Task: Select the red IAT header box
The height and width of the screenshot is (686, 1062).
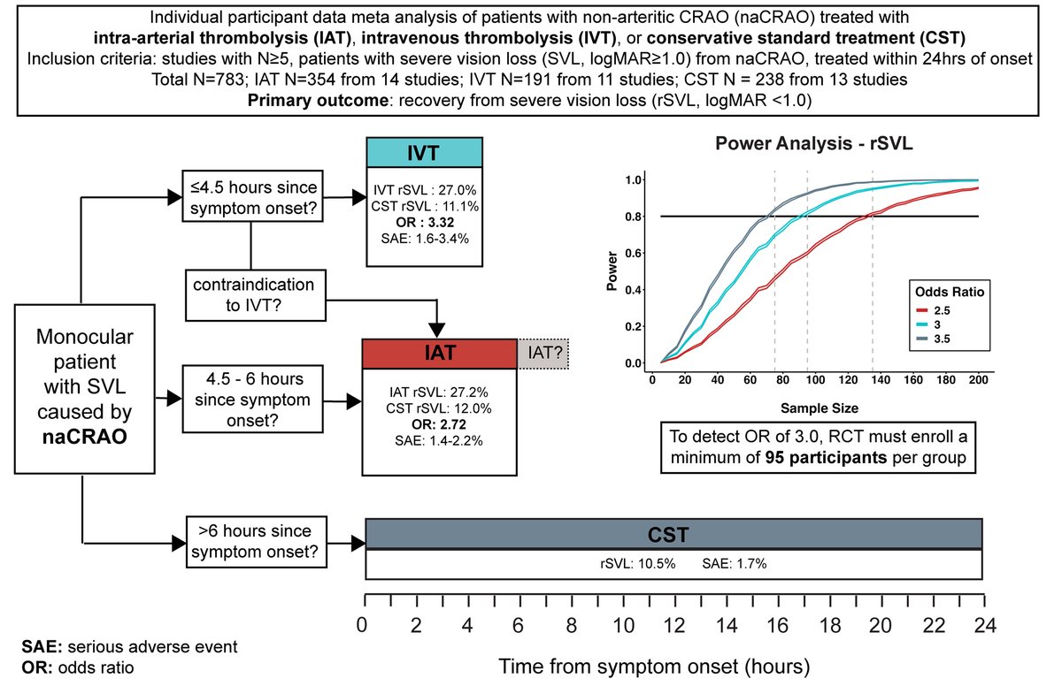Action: click(x=440, y=354)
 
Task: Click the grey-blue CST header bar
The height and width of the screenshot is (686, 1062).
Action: click(x=673, y=535)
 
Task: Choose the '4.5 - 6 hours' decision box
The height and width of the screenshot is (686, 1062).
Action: click(x=250, y=400)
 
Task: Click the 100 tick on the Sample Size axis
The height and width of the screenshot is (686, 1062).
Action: click(x=814, y=379)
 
